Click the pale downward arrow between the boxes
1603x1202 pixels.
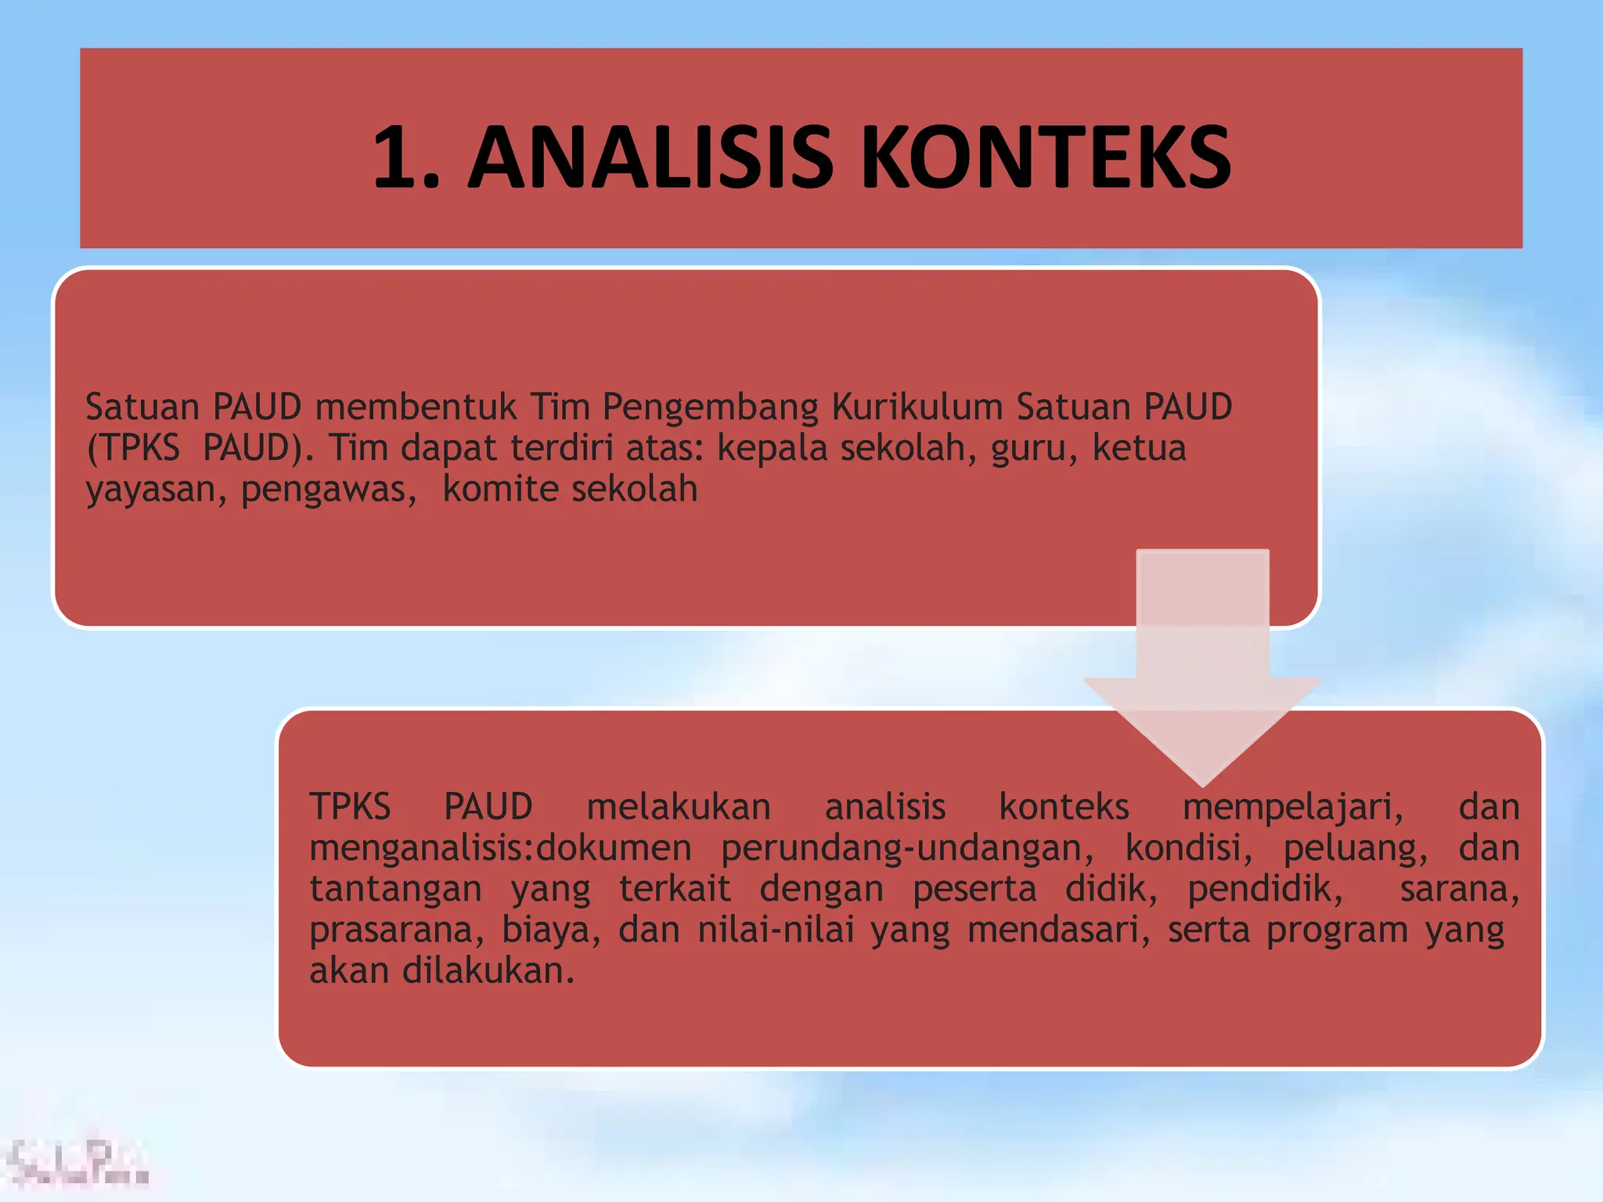pyautogui.click(x=1202, y=665)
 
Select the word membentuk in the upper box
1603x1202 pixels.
pyautogui.click(x=416, y=407)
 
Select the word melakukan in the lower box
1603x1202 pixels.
pyautogui.click(x=679, y=807)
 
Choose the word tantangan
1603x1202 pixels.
pyautogui.click(x=395, y=890)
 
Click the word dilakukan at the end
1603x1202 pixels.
pyautogui.click(x=488, y=971)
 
